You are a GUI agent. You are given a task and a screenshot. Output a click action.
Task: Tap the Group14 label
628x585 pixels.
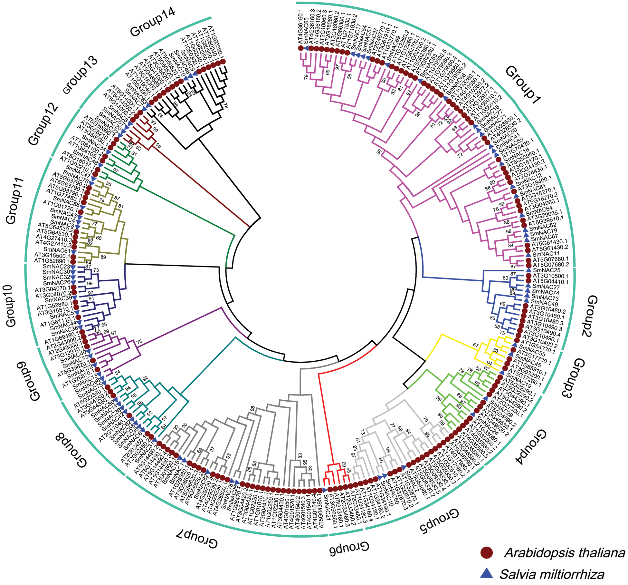click(x=152, y=22)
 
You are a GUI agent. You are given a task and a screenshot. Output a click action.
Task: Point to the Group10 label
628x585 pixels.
click(x=12, y=306)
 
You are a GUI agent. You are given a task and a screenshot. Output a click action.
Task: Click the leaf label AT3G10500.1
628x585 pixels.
click(x=551, y=276)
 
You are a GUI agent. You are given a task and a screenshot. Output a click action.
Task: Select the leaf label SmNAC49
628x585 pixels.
click(x=544, y=304)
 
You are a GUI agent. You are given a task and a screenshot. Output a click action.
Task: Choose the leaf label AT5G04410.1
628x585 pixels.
click(x=551, y=281)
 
